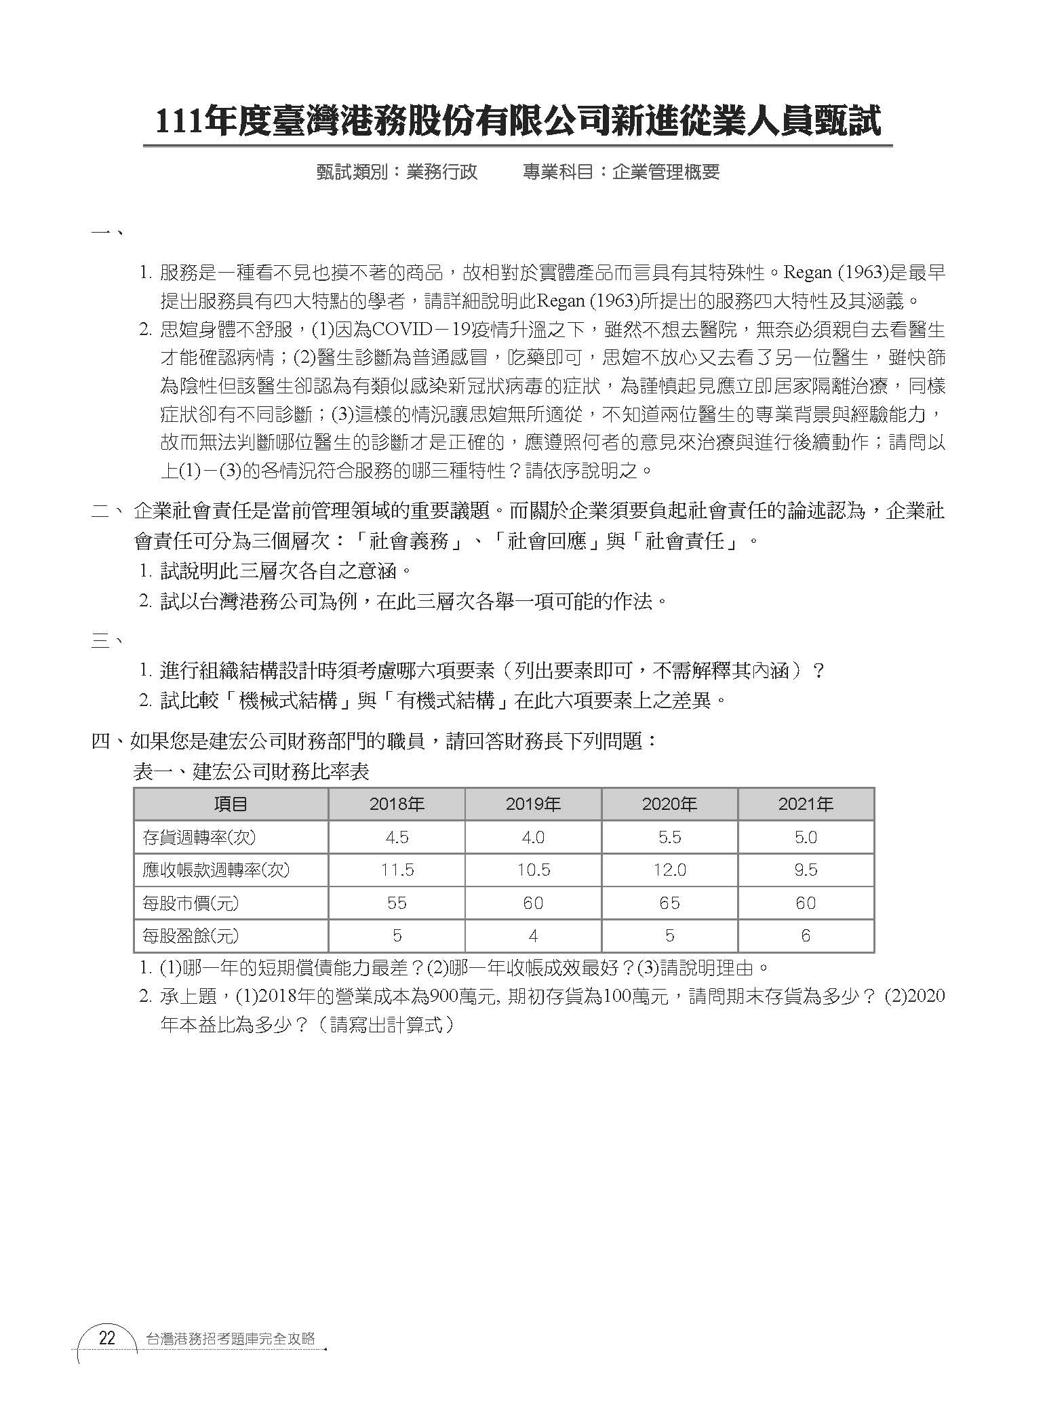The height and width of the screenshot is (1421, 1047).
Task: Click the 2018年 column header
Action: (397, 804)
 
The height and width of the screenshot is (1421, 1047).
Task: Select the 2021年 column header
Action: (806, 804)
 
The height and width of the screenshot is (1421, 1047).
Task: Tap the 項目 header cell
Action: (231, 804)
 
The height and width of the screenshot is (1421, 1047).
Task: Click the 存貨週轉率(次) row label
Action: (199, 837)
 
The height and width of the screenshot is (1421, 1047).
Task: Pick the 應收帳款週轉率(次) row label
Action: (216, 870)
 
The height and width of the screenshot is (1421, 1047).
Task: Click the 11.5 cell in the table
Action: (397, 870)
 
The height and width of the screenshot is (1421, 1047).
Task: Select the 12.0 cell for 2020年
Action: (669, 870)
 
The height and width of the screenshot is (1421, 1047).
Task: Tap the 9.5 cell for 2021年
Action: (806, 870)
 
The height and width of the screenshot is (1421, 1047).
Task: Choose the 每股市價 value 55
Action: (397, 903)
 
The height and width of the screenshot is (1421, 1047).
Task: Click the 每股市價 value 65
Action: (669, 903)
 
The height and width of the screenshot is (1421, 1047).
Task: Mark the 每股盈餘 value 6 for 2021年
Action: (806, 936)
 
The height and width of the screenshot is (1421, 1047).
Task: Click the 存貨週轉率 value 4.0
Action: (533, 837)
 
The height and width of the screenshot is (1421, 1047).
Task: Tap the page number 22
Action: (107, 1339)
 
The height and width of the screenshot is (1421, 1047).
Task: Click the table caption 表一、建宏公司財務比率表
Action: (251, 772)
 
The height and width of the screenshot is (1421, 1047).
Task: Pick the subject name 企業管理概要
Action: (665, 172)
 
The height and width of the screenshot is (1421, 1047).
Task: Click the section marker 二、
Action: (106, 511)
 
